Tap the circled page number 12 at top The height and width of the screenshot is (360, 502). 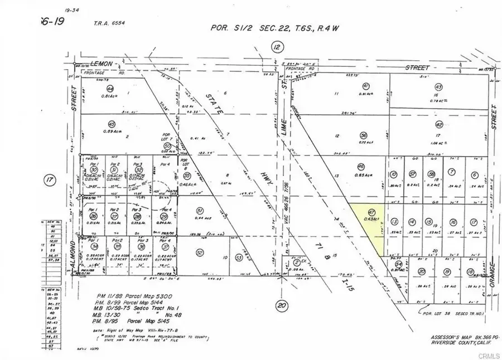point(277,48)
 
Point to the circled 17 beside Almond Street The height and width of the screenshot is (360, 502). point(50,180)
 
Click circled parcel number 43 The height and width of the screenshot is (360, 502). point(438,87)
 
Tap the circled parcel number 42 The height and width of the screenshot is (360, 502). point(439,124)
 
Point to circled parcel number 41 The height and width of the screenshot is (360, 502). point(366,86)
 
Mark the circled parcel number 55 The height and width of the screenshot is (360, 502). point(187,175)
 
